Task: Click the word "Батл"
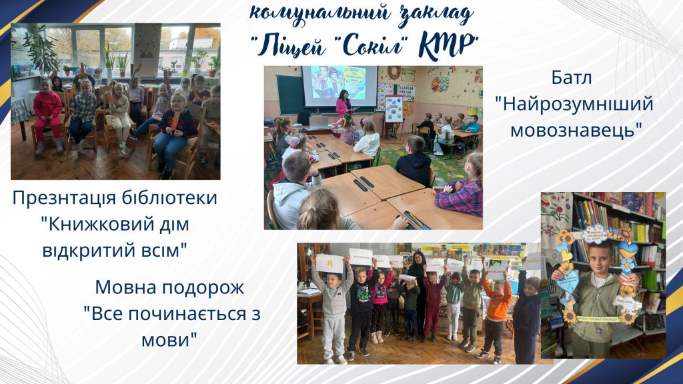click(572, 78)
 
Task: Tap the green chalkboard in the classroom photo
click(289, 94)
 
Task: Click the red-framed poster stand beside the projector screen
click(394, 109)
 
